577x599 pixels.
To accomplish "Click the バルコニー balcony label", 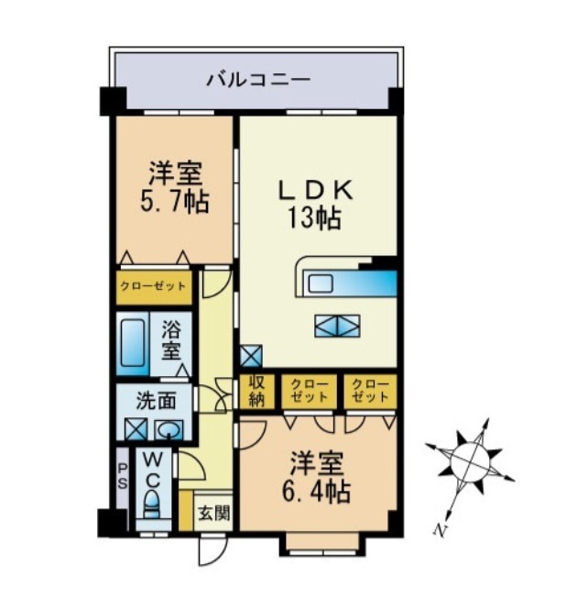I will [257, 79].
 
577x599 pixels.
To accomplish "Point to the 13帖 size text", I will [316, 218].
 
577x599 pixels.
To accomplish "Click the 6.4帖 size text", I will [316, 491].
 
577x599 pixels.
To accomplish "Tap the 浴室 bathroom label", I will [171, 340].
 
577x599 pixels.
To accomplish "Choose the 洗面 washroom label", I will [152, 400].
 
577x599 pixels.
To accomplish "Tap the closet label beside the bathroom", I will [153, 286].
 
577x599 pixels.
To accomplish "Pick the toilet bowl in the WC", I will [152, 503].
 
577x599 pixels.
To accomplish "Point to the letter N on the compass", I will [443, 529].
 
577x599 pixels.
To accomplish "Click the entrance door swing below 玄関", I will [210, 549].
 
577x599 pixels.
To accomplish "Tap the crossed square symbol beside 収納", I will [250, 355].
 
